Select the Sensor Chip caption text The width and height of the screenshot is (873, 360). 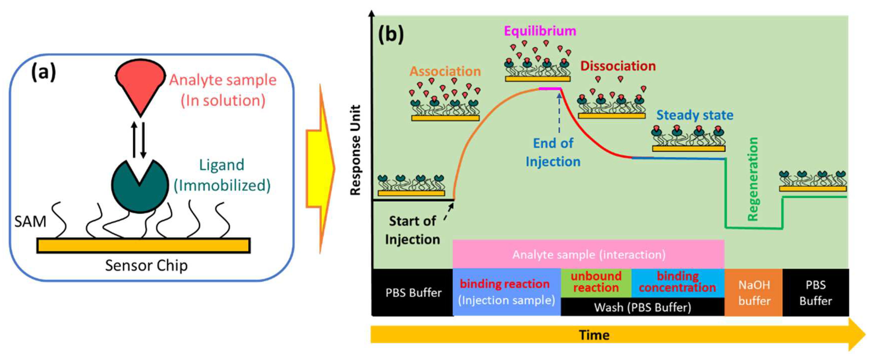pyautogui.click(x=146, y=266)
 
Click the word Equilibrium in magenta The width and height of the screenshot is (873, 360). pyautogui.click(x=540, y=31)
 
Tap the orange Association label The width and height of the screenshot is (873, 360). pyautogui.click(x=445, y=71)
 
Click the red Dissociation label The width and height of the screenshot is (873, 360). pyautogui.click(x=618, y=66)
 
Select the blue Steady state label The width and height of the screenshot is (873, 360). pyautogui.click(x=695, y=116)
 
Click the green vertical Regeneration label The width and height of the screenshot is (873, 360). pyautogui.click(x=753, y=179)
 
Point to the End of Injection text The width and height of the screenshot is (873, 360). pyautogui.click(x=553, y=152)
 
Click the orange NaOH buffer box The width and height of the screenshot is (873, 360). pyautogui.click(x=753, y=292)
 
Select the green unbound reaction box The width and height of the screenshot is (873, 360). pyautogui.click(x=596, y=283)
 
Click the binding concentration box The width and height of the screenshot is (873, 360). pyautogui.click(x=678, y=283)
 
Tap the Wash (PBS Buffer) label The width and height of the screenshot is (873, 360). pyautogui.click(x=643, y=307)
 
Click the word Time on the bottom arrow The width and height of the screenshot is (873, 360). pyautogui.click(x=594, y=335)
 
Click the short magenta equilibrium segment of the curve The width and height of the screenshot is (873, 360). pyautogui.click(x=550, y=88)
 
